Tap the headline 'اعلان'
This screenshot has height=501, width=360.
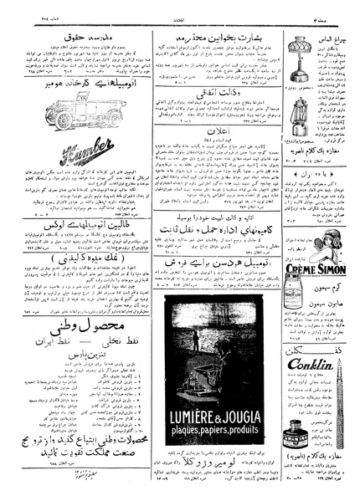pos(220,132)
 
